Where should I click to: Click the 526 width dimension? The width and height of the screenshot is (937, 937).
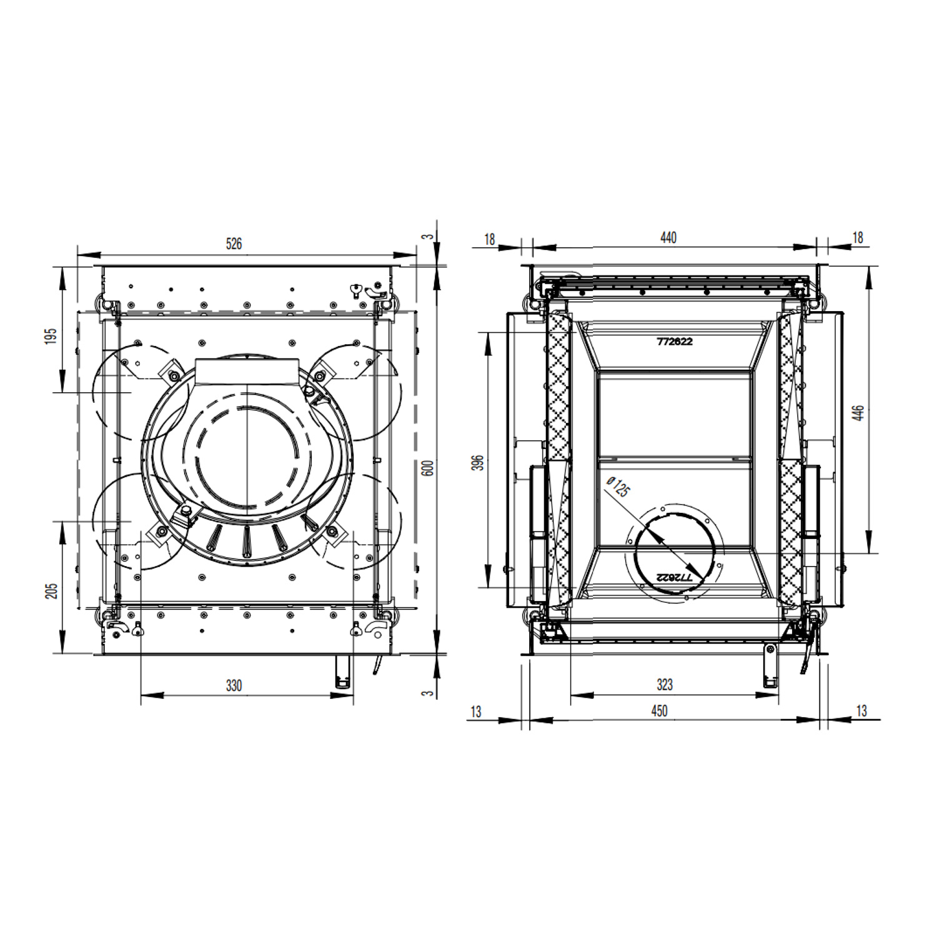point(234,244)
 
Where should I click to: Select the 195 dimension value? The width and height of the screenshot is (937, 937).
point(51,335)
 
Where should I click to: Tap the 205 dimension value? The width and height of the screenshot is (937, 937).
point(51,590)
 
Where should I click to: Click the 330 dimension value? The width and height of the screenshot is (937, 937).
point(234,685)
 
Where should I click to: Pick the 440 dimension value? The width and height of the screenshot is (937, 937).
point(668,237)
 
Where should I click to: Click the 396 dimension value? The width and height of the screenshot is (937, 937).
point(478,462)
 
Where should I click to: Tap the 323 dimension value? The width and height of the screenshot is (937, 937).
point(665,685)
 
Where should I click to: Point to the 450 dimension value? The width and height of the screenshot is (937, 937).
point(660,711)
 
